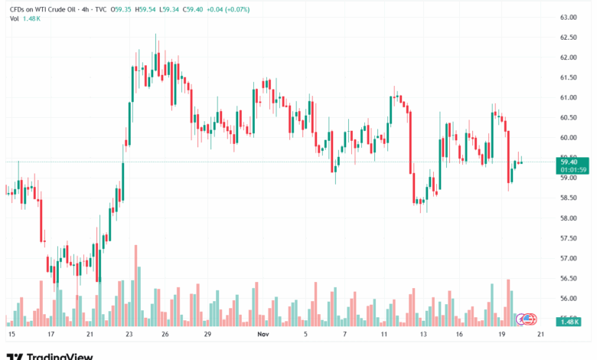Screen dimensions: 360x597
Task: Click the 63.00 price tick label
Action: [568, 17]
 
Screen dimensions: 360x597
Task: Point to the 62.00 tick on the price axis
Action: [568, 57]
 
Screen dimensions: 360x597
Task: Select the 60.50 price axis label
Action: [568, 117]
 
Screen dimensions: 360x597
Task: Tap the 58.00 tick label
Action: [568, 218]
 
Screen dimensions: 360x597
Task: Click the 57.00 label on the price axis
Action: [568, 258]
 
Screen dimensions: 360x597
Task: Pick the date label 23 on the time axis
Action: [129, 335]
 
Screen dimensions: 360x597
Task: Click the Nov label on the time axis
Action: [263, 335]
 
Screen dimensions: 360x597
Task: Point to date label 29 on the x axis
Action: [207, 335]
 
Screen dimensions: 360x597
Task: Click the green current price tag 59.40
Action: [569, 162]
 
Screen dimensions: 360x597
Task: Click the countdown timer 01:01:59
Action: [573, 170]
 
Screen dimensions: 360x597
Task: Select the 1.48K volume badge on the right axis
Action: [569, 322]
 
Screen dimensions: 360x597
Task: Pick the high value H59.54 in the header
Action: [146, 8]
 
